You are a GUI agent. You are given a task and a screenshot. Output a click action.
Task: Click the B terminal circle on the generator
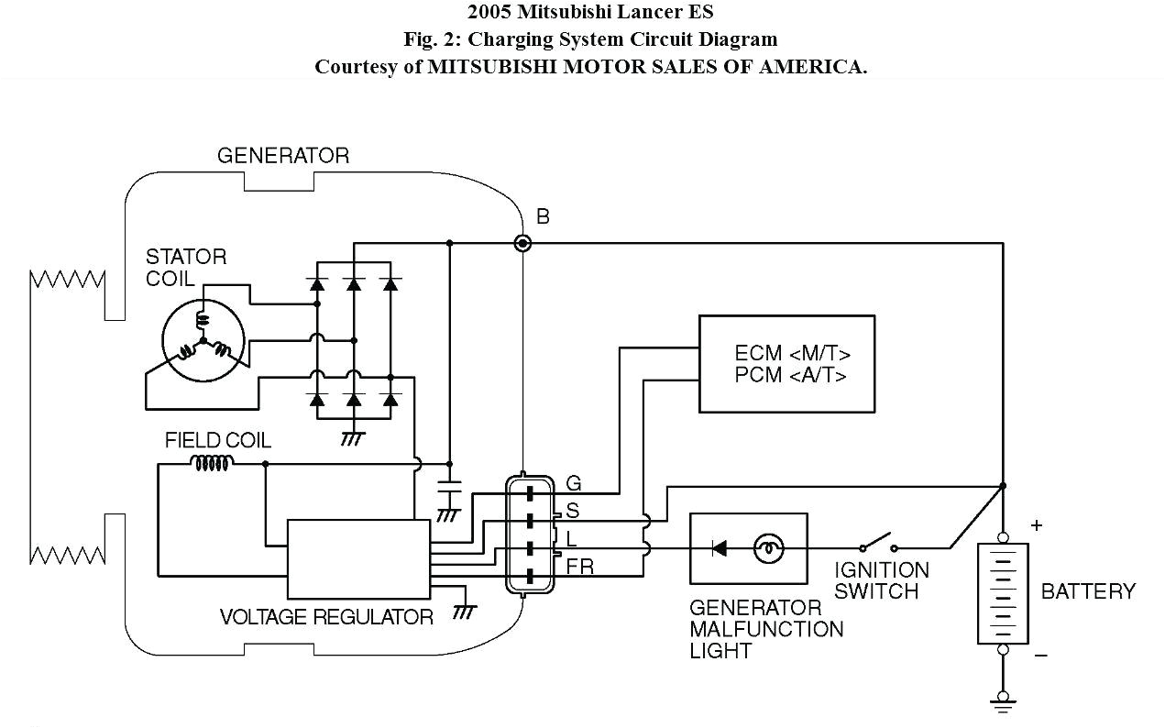(x=522, y=243)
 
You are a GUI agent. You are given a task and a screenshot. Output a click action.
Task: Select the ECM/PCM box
(x=786, y=364)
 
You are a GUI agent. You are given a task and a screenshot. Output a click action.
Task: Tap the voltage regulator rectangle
(x=358, y=559)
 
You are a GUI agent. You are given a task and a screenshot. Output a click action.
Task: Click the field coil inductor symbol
(x=212, y=464)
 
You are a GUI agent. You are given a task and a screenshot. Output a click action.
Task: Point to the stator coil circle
(x=203, y=340)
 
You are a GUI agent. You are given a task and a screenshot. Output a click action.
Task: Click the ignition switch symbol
(x=878, y=541)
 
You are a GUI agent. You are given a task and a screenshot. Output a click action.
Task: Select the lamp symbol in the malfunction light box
(x=768, y=548)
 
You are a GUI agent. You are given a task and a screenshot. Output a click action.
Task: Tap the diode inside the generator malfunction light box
(x=720, y=548)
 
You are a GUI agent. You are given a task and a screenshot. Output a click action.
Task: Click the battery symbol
(x=1003, y=592)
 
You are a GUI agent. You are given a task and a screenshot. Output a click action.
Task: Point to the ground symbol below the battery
(x=1003, y=703)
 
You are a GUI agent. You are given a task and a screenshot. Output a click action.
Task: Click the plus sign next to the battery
(x=1037, y=525)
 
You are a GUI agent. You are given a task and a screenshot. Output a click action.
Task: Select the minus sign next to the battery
(x=1040, y=656)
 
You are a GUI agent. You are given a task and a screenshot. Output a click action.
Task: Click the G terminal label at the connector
(x=574, y=483)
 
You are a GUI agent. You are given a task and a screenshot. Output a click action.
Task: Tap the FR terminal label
(x=579, y=567)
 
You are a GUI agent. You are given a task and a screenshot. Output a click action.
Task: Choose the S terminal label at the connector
(x=573, y=511)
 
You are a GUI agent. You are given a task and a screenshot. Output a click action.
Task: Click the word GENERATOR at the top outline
(x=282, y=156)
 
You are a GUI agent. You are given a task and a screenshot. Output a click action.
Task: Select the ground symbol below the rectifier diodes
(x=352, y=438)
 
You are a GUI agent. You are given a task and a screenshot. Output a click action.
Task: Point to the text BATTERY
(x=1088, y=591)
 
